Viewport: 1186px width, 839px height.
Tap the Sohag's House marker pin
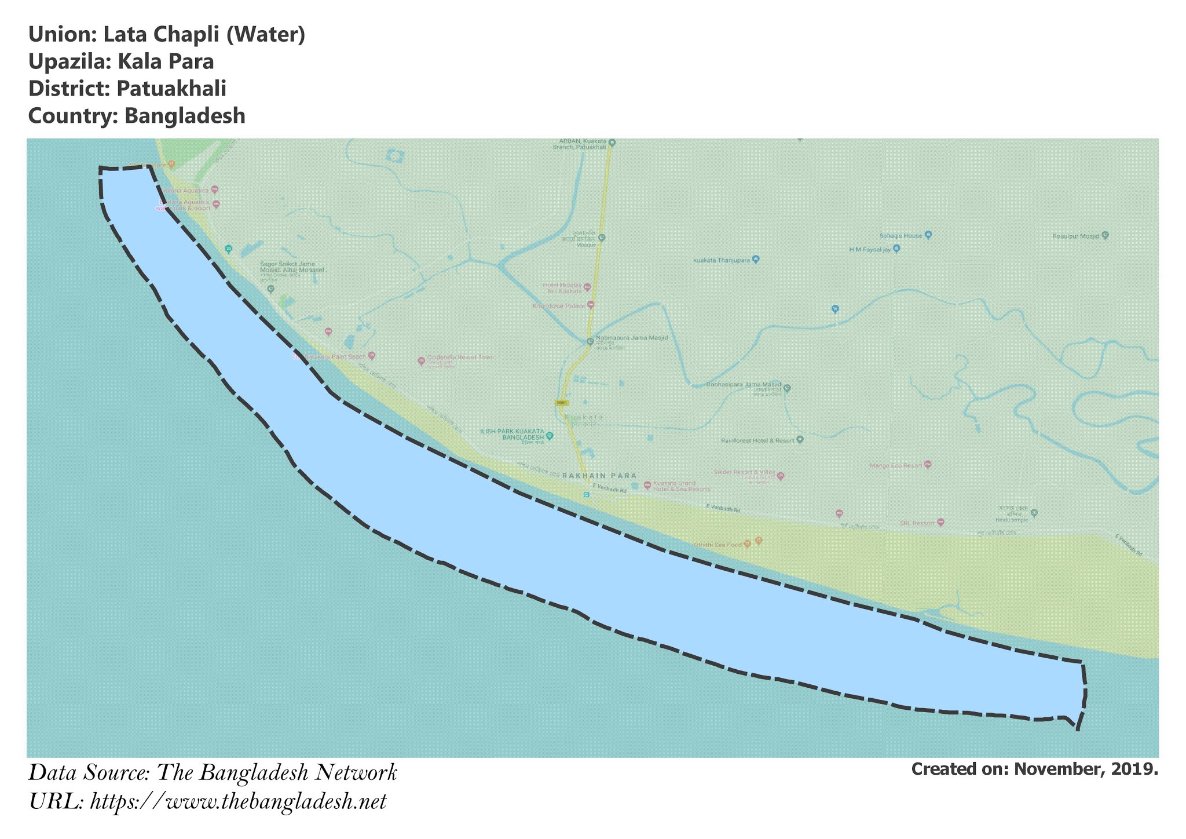point(928,235)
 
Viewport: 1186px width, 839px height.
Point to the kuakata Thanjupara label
point(721,260)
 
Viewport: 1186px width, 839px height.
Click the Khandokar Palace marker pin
point(591,304)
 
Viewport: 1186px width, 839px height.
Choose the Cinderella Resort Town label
point(460,358)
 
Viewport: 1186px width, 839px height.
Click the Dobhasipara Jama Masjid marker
point(787,388)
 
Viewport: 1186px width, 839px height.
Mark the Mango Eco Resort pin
point(928,464)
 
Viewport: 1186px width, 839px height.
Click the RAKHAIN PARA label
point(599,476)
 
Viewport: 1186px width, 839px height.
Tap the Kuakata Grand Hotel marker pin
point(647,484)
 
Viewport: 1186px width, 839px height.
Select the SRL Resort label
point(917,523)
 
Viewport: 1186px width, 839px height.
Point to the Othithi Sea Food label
point(718,545)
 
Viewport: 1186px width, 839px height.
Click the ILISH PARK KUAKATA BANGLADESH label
point(512,435)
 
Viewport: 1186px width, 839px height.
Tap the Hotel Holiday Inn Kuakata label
point(562,288)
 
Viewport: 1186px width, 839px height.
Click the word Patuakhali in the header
point(171,89)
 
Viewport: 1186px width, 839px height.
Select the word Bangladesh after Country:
point(185,116)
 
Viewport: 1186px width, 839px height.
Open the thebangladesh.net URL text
point(238,802)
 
